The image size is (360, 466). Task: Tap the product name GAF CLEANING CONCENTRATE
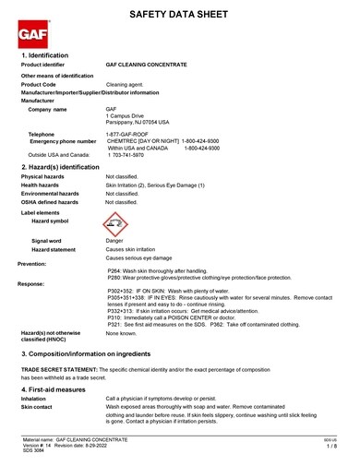point(147,66)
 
